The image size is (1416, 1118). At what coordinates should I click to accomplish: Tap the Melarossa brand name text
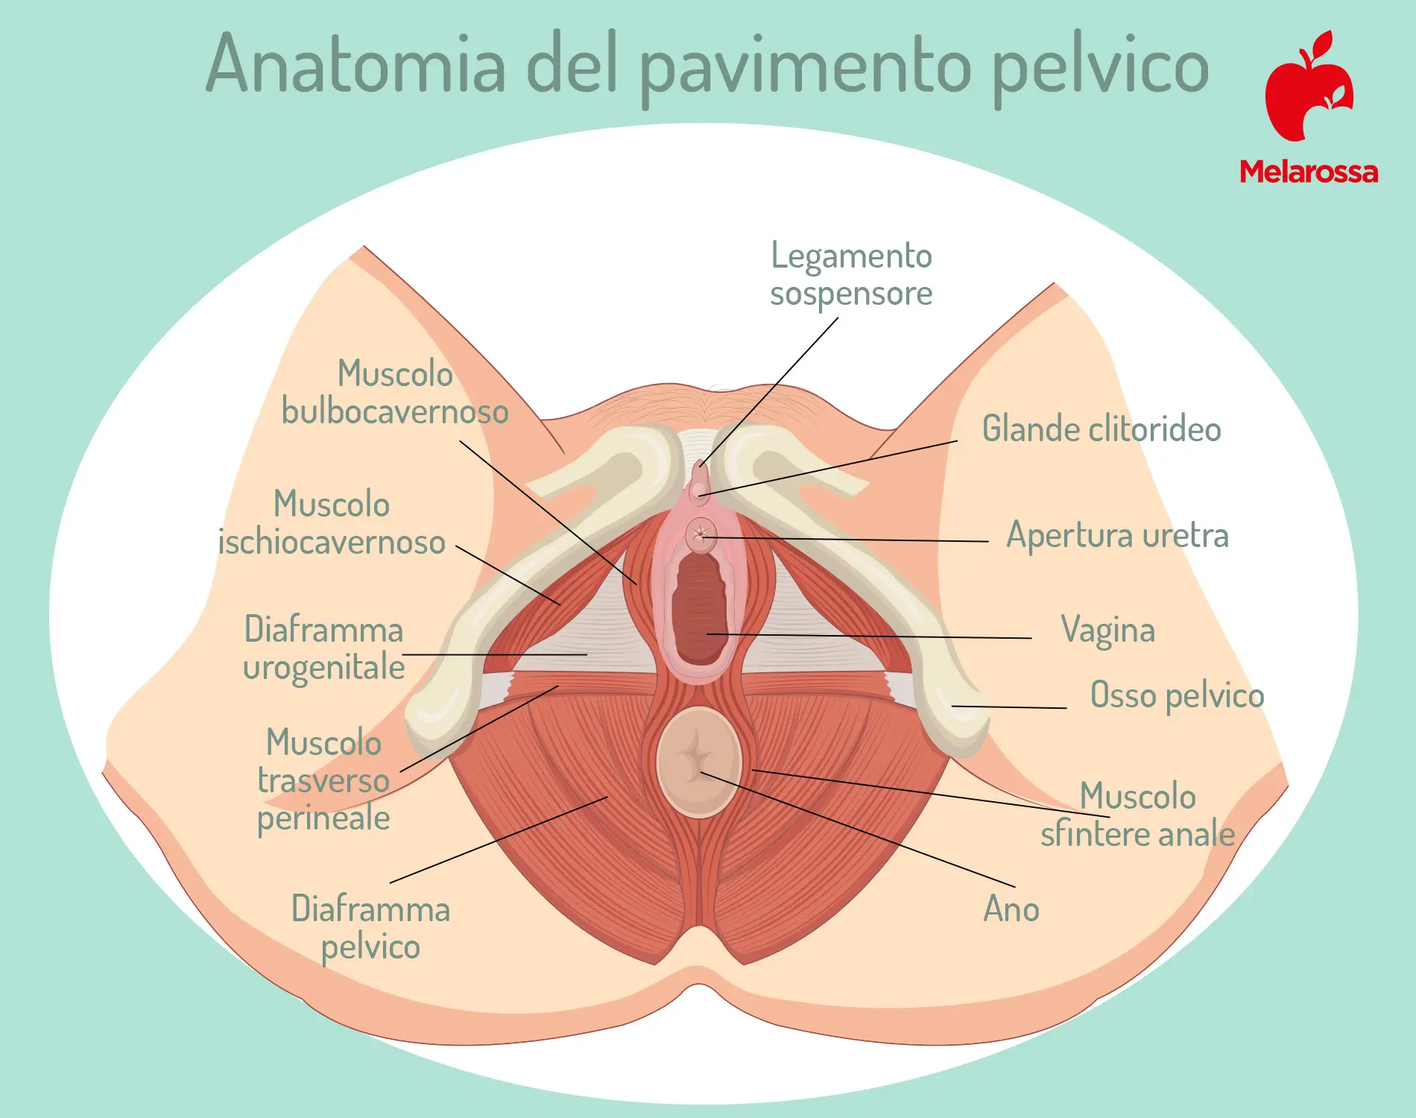click(1309, 172)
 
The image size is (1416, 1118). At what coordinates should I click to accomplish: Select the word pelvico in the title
click(1101, 69)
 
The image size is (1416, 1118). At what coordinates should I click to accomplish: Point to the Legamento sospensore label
click(851, 274)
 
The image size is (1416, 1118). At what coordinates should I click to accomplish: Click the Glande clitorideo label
click(1101, 429)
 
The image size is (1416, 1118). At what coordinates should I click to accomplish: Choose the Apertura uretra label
click(1117, 535)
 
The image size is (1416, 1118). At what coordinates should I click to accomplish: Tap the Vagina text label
click(1108, 631)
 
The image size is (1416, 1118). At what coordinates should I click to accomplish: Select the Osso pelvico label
click(1178, 695)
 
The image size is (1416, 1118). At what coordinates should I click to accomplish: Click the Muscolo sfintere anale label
click(1138, 815)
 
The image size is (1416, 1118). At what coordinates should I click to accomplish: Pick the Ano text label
click(1011, 909)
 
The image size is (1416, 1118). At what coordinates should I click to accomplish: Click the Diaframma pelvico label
click(370, 928)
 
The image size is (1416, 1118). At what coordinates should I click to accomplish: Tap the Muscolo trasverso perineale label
click(323, 780)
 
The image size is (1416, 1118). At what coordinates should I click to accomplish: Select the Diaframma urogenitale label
click(324, 648)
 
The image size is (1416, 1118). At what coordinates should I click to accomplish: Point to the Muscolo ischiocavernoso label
click(332, 523)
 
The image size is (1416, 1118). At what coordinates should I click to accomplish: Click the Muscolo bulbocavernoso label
click(395, 393)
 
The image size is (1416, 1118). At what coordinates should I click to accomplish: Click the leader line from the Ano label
click(858, 830)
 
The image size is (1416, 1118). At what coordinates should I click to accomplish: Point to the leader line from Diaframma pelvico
click(499, 840)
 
